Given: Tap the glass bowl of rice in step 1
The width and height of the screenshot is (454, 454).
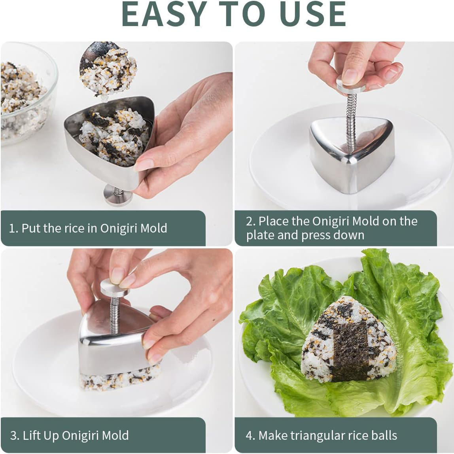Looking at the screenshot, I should tap(24, 99).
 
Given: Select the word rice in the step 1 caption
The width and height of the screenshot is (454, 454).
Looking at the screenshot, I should tap(84, 228).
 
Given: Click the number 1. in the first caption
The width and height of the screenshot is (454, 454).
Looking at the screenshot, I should tap(13, 228).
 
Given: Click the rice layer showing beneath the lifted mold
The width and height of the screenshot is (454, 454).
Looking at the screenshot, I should tap(119, 380).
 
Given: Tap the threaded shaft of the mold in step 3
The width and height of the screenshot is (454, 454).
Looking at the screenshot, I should tap(115, 314).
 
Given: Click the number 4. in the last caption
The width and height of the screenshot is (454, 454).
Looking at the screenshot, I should tap(250, 435).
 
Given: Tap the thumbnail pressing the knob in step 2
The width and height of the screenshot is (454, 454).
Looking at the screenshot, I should tap(350, 76).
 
